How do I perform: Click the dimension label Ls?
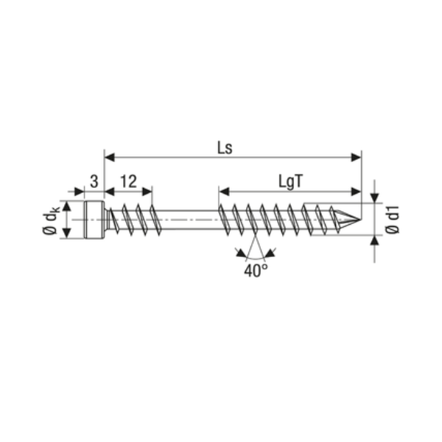point(225,147)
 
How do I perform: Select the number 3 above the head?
point(94,181)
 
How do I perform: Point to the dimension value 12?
point(129,181)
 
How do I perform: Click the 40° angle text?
point(254,270)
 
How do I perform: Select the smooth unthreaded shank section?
point(188,219)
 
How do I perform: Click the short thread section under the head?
point(133,218)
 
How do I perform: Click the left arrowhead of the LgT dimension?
point(223,190)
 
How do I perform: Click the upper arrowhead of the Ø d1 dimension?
point(376,197)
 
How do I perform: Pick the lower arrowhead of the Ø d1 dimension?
point(376,240)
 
